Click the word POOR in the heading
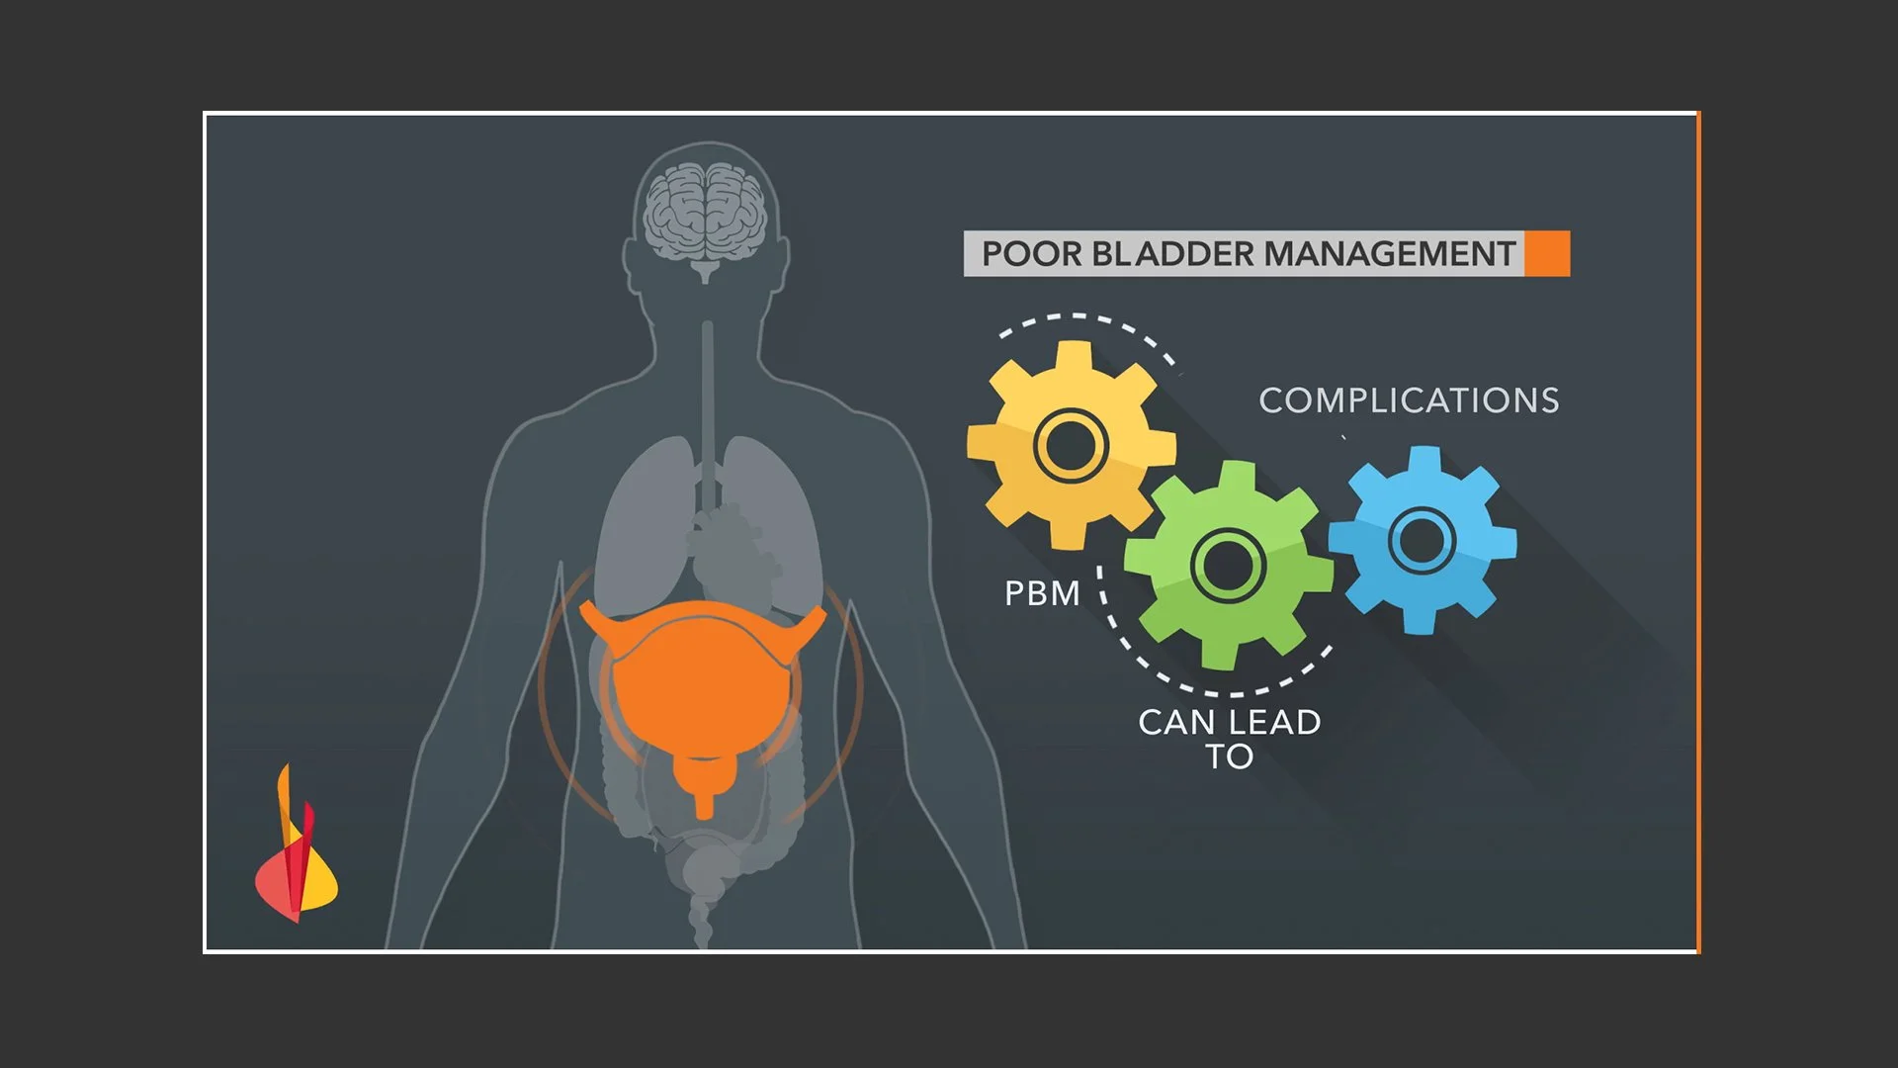1031,254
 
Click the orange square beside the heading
1546,253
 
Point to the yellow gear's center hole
1071,446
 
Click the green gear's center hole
1228,565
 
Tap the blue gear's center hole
1422,540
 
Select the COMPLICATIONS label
1409,400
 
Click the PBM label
1042,593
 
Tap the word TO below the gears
1229,757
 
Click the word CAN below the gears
1176,723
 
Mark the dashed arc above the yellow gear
1087,322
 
